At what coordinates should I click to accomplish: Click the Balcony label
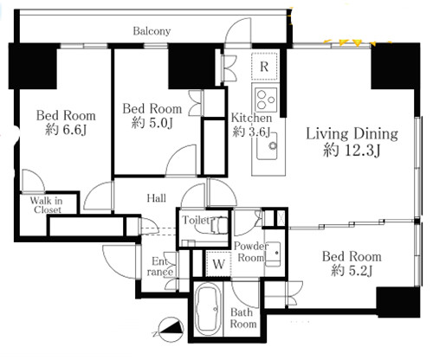point(152,31)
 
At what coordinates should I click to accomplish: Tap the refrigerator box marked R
point(264,67)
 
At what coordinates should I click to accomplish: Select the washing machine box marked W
point(218,264)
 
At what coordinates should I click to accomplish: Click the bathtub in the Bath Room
point(208,309)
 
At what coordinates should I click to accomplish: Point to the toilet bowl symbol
point(217,225)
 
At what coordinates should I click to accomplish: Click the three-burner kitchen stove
point(266,100)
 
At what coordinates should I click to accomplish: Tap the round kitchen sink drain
point(273,145)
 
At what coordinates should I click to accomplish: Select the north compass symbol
point(171,330)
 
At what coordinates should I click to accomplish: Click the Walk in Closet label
point(46,205)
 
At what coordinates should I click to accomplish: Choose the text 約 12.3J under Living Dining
point(352,151)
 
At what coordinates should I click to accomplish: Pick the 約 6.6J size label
point(66,130)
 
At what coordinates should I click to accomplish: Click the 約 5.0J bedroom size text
point(152,123)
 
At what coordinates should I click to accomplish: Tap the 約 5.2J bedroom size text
point(352,271)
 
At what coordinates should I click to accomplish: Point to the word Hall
point(157,198)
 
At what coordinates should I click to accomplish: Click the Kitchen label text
point(251,118)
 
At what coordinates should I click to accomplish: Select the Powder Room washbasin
point(273,254)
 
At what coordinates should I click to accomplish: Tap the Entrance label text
point(160,267)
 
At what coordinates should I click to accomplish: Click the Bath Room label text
point(243,318)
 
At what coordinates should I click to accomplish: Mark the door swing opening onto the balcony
point(237,31)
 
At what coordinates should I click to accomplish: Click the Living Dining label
point(352,134)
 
